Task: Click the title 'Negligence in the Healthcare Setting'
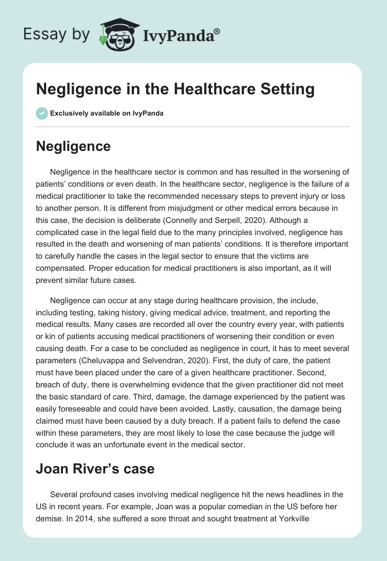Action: pos(175,89)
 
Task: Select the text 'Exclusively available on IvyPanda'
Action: pos(107,113)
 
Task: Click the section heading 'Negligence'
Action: pos(73,146)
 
